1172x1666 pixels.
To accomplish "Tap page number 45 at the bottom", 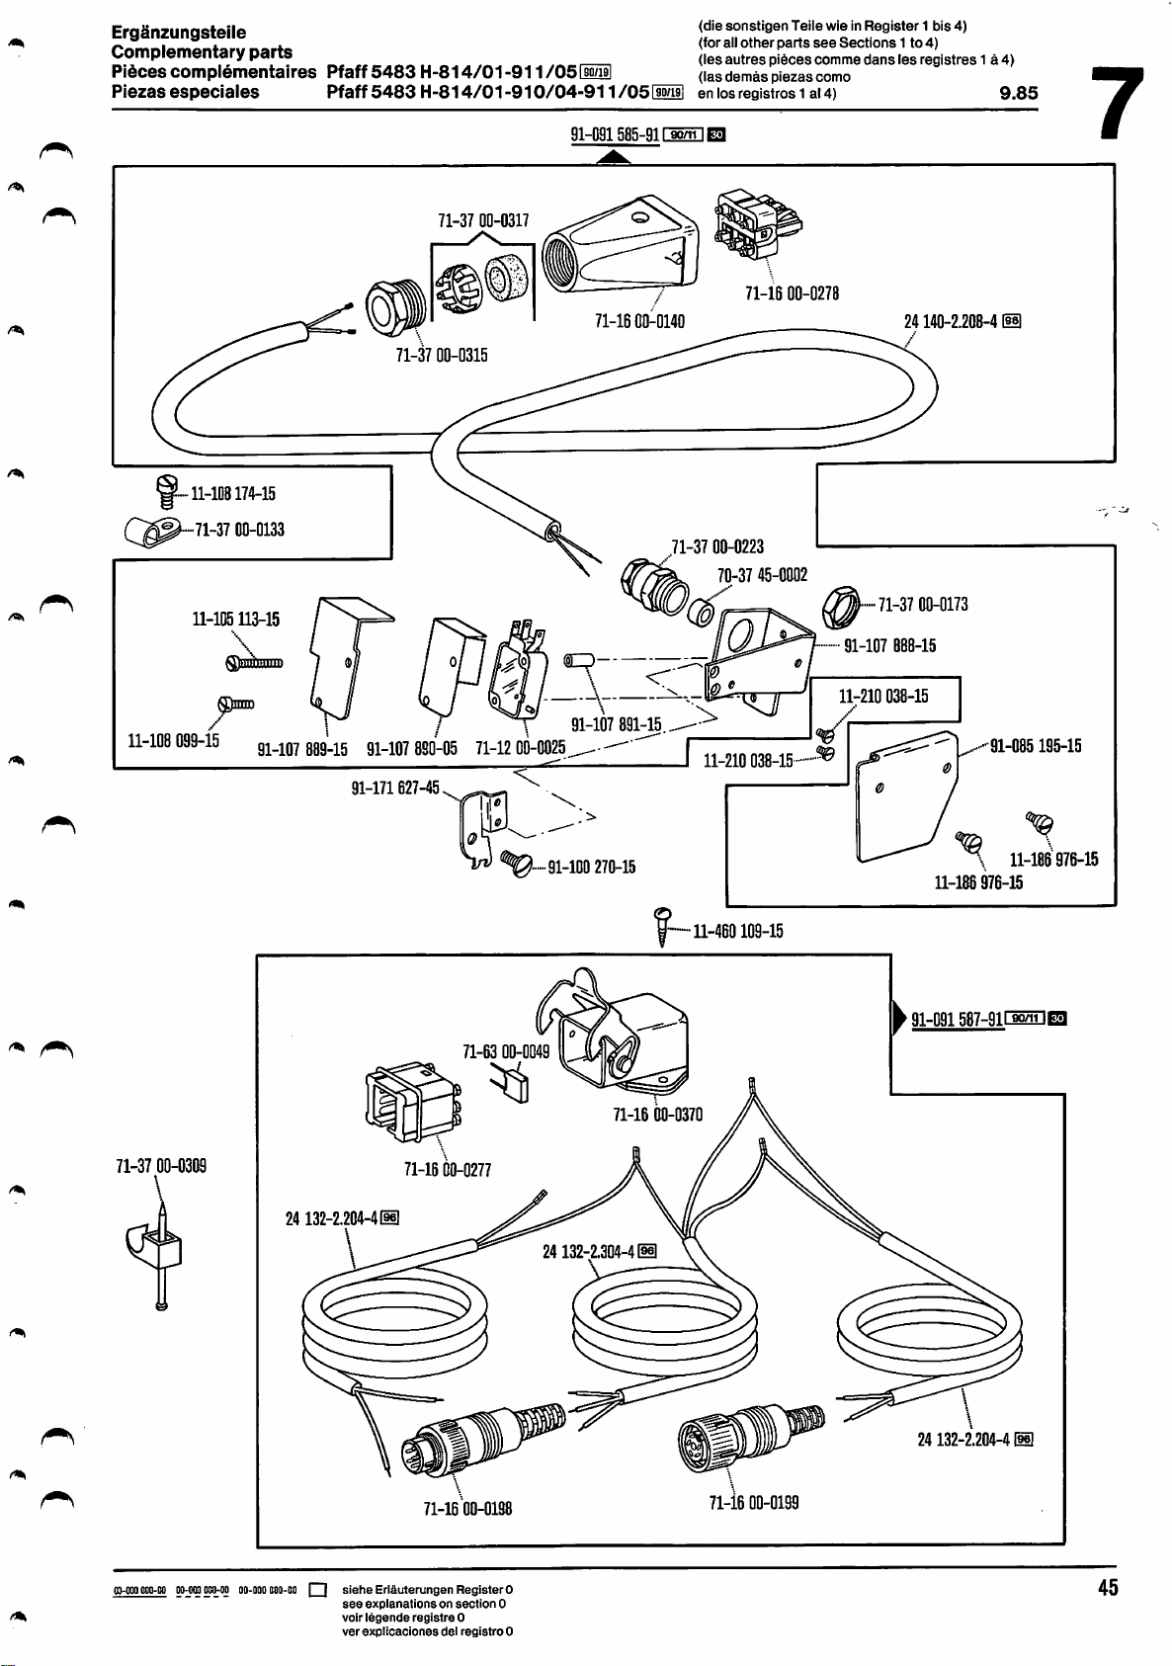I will coord(1107,1587).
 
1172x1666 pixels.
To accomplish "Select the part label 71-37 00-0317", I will coord(483,220).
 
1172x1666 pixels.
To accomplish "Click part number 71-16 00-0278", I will coord(792,293).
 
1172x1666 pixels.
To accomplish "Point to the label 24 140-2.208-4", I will coord(952,321).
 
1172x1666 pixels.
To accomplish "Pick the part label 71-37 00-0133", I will coord(239,530).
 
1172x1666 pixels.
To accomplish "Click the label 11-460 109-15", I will coord(737,931).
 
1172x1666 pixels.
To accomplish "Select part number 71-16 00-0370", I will coord(657,1115).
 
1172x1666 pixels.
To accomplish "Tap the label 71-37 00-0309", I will coord(161,1166).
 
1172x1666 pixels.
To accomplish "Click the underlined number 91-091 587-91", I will coord(957,1020).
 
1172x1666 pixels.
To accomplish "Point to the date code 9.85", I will coord(1018,94).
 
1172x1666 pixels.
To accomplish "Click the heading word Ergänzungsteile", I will coord(179,33).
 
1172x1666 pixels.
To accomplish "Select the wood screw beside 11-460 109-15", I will coord(664,926).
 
